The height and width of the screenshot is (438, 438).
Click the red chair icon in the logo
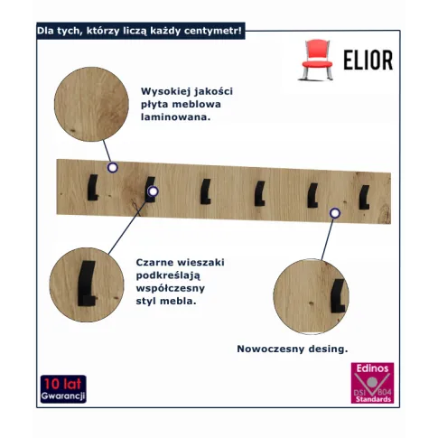coord(317,60)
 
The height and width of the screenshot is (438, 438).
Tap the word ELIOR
coord(368,60)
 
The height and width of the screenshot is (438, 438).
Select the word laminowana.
coord(175,117)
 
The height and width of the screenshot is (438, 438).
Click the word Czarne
coord(154,262)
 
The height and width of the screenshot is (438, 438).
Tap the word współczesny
coord(171,288)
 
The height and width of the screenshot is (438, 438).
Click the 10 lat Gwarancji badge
coord(63,389)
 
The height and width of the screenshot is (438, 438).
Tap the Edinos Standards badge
coord(372,383)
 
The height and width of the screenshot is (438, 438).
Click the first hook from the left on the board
coord(92,187)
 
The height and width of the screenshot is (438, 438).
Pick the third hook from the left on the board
coord(206,191)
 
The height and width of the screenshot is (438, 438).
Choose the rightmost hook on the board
coord(364,197)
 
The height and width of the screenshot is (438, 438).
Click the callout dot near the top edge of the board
coord(113,168)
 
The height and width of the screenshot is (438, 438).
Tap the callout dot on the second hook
coord(154,191)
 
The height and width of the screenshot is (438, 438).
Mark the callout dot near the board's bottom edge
coord(335,213)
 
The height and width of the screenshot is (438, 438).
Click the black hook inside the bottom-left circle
coord(86,283)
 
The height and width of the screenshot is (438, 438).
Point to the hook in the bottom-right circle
coord(338,296)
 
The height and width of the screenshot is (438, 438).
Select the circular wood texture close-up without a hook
coord(91,104)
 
